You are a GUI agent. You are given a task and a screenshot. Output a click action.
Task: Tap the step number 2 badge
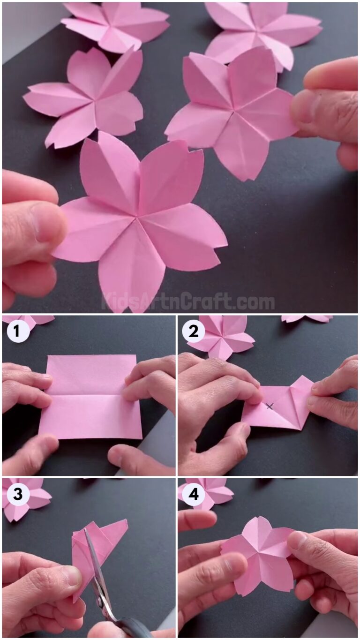pos(193,332)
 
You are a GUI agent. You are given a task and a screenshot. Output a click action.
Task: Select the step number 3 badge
pos(18,495)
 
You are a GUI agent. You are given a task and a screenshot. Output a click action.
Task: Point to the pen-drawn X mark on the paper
pos(270,406)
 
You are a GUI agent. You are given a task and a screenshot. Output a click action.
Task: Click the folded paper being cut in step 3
pos(101,544)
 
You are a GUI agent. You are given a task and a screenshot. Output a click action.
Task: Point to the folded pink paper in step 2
pos(279,406)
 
